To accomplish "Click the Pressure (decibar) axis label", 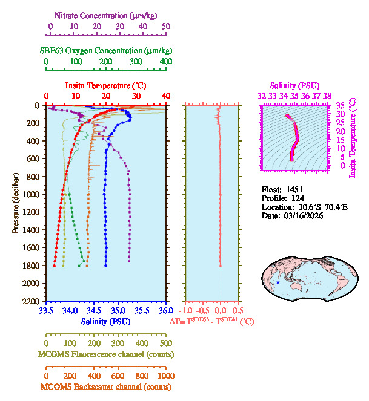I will [16, 203].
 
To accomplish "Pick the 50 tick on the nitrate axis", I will [166, 26].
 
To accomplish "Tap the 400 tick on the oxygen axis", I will [165, 61].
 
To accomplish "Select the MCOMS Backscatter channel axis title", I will [106, 386].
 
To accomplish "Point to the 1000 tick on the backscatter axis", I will [165, 376].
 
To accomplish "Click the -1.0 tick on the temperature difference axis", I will [185, 310].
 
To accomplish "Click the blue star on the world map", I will [278, 282].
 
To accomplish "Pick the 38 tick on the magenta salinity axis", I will [327, 95].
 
